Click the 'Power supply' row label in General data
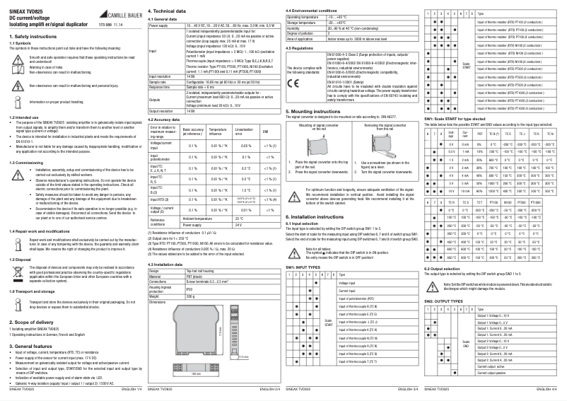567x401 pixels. point(159,25)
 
